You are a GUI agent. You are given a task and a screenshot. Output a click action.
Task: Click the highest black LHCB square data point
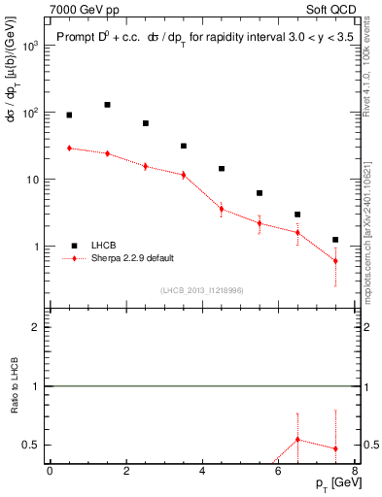(107, 105)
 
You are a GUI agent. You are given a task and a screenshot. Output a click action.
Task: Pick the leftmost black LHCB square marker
(69, 116)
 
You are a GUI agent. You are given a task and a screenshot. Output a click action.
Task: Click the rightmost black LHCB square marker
(335, 240)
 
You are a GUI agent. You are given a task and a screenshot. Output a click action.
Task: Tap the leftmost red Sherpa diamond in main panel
(69, 149)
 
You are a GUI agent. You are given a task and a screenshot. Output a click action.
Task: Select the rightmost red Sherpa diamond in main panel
(335, 261)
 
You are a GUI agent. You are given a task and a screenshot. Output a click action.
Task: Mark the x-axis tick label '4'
(202, 472)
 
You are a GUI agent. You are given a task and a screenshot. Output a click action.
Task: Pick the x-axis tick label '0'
(50, 472)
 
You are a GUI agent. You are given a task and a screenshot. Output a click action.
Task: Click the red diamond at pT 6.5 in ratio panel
(297, 440)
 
